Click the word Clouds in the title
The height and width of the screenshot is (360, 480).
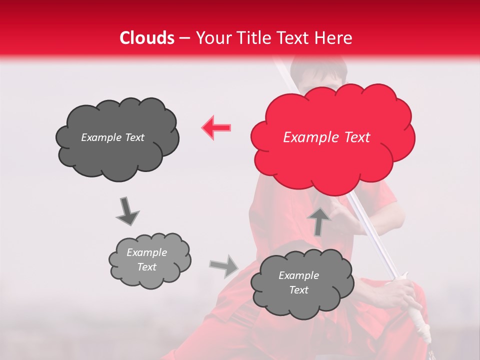(147, 38)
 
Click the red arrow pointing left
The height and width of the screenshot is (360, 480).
(216, 128)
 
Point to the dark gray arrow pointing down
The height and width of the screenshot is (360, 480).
(126, 211)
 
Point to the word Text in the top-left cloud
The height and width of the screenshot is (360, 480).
(133, 137)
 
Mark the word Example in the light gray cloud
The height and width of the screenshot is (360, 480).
(147, 252)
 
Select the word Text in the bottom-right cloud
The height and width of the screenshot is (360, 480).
(298, 290)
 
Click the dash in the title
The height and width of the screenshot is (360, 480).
(184, 38)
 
